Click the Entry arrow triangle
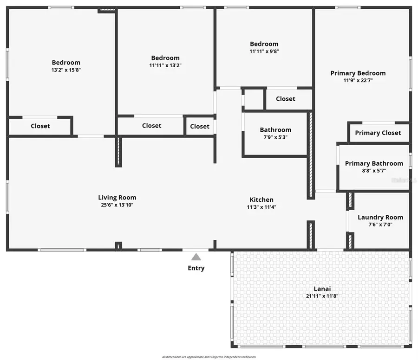196,257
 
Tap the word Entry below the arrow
196,268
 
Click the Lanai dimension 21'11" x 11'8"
322,296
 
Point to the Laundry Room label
380,217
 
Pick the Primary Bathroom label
374,163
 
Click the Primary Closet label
378,133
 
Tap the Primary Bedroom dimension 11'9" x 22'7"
358,80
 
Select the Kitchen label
262,199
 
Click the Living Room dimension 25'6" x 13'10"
117,205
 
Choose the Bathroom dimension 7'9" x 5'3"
275,137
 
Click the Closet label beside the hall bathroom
285,99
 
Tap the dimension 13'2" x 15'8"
66,70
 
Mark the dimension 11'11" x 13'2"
165,65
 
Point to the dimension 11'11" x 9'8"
264,51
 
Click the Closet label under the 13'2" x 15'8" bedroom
40,126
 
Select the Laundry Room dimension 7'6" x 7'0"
380,225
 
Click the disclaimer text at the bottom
209,357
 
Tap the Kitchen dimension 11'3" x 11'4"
262,207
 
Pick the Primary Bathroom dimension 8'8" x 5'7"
374,171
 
